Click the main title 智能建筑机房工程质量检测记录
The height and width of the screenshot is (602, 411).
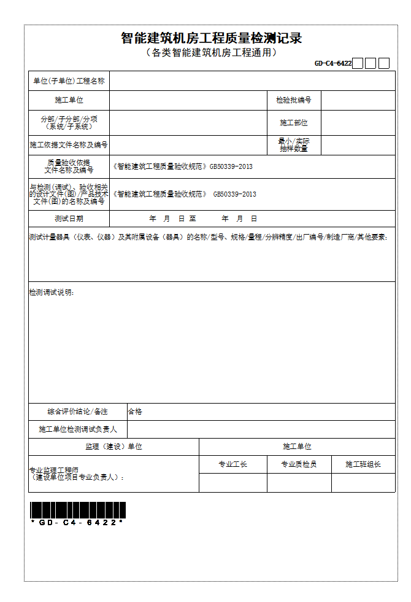tap(211, 38)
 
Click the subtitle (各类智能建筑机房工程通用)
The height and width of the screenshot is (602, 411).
tap(211, 53)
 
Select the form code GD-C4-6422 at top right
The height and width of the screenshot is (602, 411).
tap(333, 63)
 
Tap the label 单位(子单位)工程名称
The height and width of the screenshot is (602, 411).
tap(69, 81)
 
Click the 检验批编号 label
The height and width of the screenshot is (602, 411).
tap(294, 100)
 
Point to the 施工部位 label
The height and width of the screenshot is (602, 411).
tap(294, 123)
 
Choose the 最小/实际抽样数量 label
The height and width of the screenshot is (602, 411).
tap(294, 145)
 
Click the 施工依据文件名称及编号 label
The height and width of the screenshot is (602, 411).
tap(69, 145)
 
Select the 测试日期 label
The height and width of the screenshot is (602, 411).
tap(69, 219)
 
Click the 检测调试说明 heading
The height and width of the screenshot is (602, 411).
tap(52, 292)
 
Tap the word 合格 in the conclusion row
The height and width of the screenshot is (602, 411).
tap(135, 412)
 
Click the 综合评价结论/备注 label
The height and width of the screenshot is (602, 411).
tap(77, 412)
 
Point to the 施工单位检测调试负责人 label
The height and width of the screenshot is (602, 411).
tap(77, 429)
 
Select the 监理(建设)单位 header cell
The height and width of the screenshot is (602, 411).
tap(113, 447)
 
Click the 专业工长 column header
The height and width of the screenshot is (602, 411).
tap(233, 464)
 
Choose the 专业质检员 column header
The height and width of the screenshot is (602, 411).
tap(299, 464)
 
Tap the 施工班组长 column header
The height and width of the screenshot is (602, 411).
tap(363, 464)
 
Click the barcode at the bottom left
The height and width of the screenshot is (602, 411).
tap(78, 510)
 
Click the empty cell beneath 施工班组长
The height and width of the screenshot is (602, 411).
tap(363, 483)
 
